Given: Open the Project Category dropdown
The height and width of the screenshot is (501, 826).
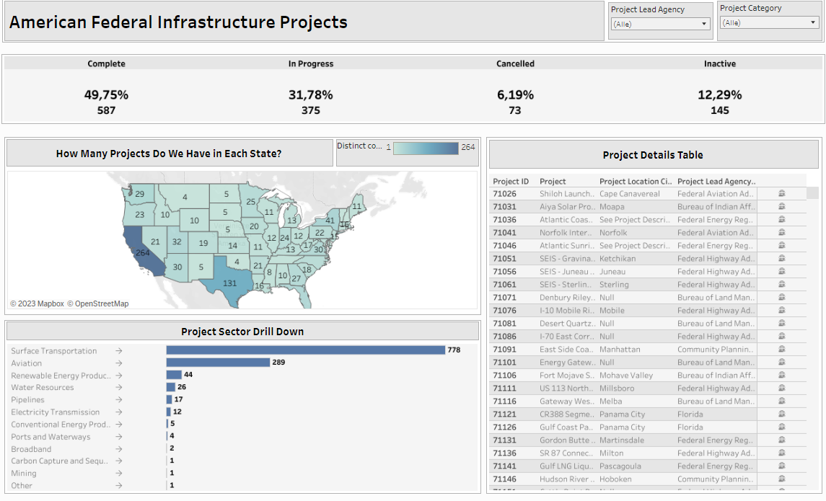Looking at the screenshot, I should (x=769, y=22).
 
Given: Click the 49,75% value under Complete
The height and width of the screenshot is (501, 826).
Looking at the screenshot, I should (x=106, y=94).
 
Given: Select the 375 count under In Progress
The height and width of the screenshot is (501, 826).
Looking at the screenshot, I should (x=310, y=110).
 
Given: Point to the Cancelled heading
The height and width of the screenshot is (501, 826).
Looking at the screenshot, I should (x=515, y=63).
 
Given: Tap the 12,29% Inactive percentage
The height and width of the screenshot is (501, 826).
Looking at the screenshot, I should (x=719, y=94).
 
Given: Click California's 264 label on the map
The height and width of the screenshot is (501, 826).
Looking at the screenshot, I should (x=142, y=253).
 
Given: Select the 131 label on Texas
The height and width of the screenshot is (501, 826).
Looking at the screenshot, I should (x=229, y=283).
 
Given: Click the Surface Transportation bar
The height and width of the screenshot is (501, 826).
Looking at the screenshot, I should (x=305, y=350).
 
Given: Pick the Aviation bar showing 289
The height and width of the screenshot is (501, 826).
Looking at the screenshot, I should (x=218, y=363).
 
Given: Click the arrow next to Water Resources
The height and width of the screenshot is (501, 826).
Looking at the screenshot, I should (x=118, y=387).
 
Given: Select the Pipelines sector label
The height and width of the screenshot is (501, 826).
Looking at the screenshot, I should (x=27, y=399).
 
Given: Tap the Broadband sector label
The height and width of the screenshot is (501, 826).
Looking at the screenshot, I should (x=31, y=449).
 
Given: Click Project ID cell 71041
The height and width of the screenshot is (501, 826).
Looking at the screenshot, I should (x=504, y=233).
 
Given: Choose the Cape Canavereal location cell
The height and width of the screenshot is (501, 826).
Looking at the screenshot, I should (x=629, y=194).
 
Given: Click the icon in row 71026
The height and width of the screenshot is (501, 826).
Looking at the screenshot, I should (x=781, y=194).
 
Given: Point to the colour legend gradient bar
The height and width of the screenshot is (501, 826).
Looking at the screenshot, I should (x=426, y=148).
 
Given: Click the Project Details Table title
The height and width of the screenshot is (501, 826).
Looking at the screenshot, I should (x=652, y=155).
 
